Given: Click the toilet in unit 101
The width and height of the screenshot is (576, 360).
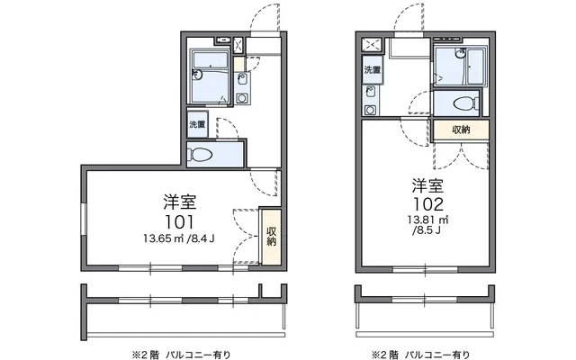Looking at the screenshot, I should coord(201,155).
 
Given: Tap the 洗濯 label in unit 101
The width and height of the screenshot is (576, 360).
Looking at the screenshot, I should coord(196,124).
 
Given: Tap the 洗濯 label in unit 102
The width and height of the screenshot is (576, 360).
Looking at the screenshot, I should coord(372,70).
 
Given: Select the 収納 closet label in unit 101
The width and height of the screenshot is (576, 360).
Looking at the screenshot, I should coord(271,236).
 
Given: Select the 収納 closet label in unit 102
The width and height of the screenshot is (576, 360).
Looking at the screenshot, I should coord(461,130).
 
